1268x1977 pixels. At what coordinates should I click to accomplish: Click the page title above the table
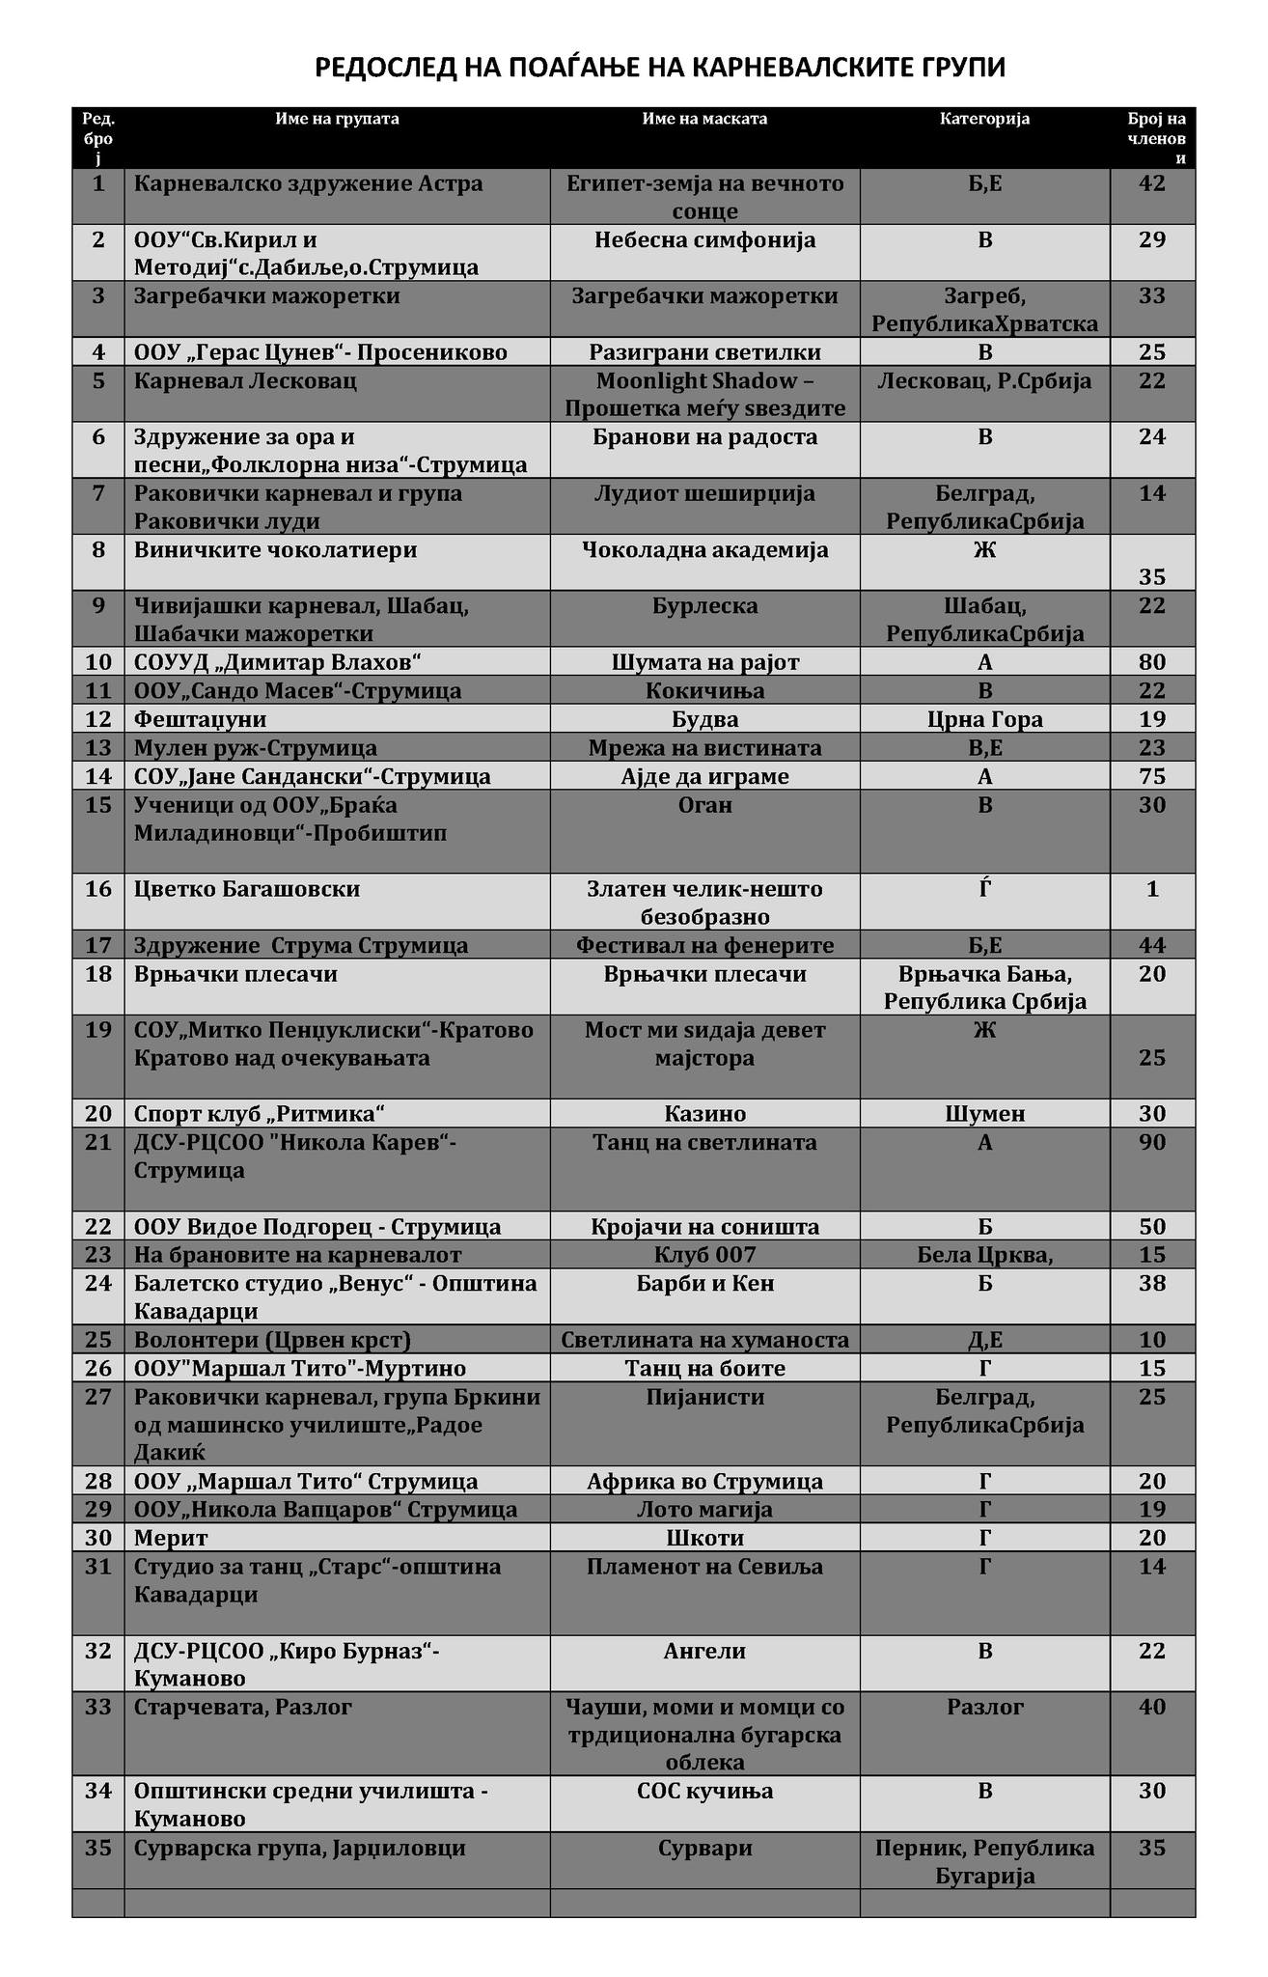661,67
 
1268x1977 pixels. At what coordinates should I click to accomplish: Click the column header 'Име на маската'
704,119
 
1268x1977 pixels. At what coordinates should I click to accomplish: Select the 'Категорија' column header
984,119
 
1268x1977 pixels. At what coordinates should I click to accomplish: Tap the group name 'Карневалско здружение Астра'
309,183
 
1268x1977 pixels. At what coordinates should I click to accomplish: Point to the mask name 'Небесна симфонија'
704,239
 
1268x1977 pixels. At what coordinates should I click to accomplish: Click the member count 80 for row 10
1152,662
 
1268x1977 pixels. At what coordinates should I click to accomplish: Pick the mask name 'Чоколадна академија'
704,550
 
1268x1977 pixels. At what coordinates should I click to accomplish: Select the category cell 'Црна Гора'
984,719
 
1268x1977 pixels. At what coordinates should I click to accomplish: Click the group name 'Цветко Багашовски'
247,889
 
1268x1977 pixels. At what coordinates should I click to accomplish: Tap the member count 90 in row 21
1152,1143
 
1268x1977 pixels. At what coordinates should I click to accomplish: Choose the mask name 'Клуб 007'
704,1255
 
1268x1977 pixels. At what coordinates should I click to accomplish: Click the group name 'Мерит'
171,1538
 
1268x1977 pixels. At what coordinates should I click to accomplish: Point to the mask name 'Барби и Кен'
704,1284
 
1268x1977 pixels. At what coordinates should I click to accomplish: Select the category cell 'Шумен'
984,1114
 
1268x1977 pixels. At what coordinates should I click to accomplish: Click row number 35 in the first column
98,1849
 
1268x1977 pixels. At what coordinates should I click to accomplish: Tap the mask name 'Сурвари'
704,1849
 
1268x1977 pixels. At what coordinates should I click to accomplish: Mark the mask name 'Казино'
704,1114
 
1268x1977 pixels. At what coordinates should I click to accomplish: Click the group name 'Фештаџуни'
201,719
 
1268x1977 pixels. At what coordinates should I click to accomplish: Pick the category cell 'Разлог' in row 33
984,1708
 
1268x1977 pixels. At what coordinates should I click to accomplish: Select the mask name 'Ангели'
704,1652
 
